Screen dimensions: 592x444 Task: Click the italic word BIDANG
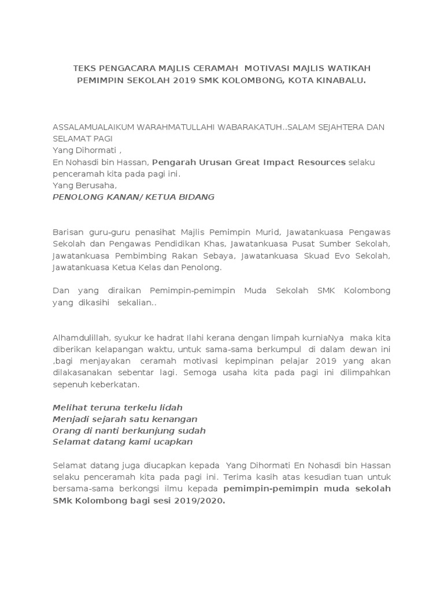194,197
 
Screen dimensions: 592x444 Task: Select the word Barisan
68,232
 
